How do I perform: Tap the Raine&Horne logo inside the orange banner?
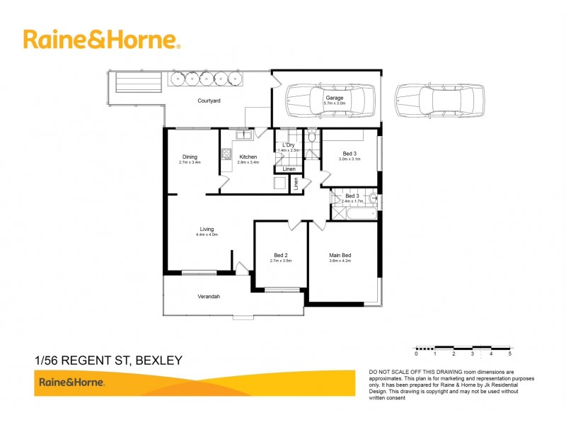pos(71,382)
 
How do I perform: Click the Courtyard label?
pos(209,101)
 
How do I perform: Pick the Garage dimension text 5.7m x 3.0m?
pos(335,103)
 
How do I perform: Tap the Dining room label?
pos(190,157)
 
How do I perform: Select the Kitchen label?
pos(248,157)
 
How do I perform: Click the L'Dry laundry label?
pos(288,145)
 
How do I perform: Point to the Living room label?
pos(207,229)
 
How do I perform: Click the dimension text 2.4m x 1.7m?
pos(352,201)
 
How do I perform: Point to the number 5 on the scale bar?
pos(509,353)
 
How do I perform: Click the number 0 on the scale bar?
pos(416,353)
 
